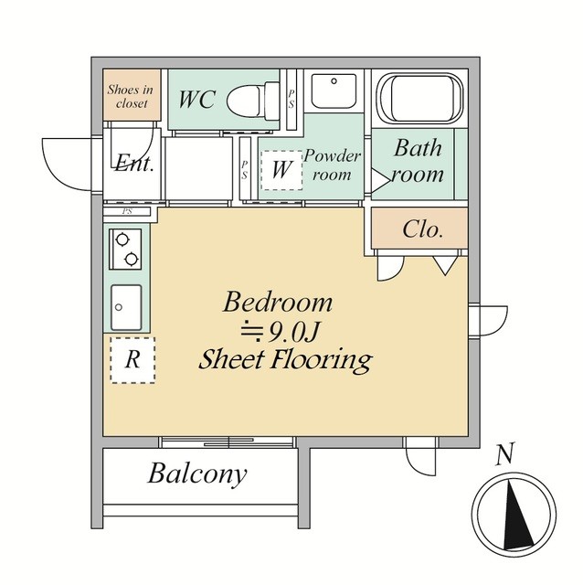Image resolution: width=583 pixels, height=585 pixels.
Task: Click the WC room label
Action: point(197,100)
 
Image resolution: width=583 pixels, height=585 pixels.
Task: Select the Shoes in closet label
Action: point(131,96)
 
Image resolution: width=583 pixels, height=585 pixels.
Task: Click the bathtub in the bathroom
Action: point(419,98)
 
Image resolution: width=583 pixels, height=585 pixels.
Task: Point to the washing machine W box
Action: point(281,170)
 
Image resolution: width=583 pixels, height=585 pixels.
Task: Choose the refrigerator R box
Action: point(132,360)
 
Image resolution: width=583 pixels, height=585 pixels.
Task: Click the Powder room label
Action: point(332,165)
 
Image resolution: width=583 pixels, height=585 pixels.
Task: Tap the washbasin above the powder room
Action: point(334,90)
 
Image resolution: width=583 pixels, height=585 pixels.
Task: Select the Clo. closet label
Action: point(422,229)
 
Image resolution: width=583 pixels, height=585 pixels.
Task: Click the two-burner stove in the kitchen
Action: point(125,250)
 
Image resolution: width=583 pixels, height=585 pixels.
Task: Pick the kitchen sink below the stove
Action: point(126,307)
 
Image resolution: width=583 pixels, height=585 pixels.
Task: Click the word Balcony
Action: point(197,473)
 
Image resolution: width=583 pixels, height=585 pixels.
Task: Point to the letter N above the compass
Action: point(505,454)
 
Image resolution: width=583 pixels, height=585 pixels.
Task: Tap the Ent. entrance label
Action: point(134,163)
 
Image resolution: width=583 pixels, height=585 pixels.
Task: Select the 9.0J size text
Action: point(281,331)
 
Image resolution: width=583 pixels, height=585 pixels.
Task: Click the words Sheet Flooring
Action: point(285,359)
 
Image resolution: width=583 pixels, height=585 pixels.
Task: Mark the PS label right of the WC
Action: point(291,100)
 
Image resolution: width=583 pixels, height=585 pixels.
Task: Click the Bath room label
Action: point(419,161)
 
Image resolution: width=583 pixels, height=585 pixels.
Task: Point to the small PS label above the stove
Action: point(127,211)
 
